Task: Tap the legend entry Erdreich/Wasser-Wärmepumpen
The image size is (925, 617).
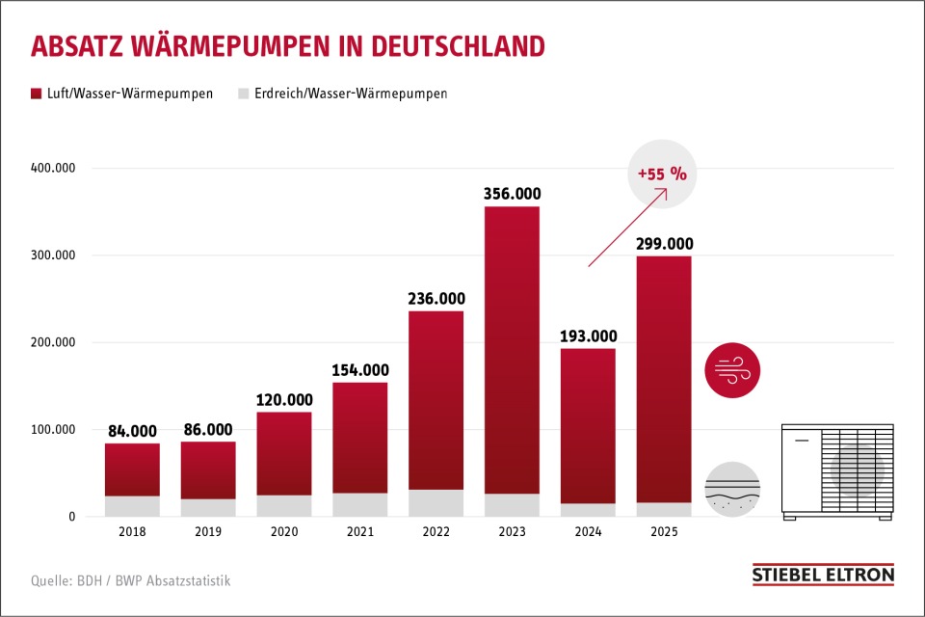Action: (342, 94)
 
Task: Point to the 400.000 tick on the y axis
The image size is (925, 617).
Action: (56, 168)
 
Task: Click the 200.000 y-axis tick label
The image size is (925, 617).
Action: (56, 342)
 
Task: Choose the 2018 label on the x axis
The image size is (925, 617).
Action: (132, 532)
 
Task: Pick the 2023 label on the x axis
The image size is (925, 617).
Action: (512, 532)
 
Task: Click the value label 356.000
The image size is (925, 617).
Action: (512, 194)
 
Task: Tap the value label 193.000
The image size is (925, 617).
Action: (587, 336)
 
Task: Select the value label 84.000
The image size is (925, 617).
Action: (132, 431)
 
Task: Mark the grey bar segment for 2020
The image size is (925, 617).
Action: (284, 506)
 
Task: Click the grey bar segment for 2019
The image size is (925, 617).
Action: (208, 507)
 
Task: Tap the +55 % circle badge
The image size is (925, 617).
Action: (661, 174)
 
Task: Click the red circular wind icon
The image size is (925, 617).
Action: (732, 369)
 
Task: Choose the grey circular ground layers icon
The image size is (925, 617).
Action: (732, 490)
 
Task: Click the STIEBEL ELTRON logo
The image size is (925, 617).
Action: (822, 575)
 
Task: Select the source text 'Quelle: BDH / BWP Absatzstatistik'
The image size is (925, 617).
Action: (130, 580)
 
